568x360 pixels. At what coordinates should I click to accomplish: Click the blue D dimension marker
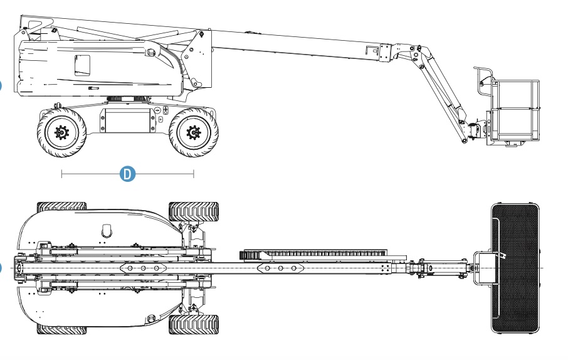point(127,174)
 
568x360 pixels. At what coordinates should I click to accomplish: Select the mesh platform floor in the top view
point(515,268)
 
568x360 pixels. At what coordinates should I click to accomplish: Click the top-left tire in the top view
point(61,207)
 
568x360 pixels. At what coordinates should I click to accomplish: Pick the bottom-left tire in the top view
point(61,329)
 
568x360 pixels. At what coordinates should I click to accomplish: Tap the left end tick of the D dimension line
point(61,174)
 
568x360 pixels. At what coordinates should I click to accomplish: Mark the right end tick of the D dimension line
point(194,174)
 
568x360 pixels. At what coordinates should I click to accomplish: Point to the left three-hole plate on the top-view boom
point(143,268)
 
